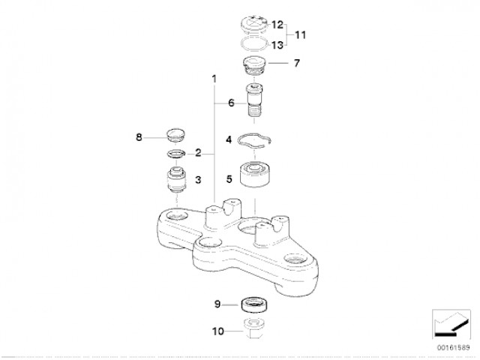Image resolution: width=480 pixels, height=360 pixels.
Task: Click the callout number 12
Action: click(277, 25)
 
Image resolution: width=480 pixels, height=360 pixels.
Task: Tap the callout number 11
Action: click(300, 35)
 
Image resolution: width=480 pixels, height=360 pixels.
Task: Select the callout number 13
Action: click(277, 45)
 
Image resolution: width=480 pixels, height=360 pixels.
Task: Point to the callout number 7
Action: click(297, 63)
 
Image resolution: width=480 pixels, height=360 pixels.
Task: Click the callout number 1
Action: click(214, 79)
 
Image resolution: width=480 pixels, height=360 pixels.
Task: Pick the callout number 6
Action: click(231, 103)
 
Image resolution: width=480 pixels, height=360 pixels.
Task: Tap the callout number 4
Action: click(229, 140)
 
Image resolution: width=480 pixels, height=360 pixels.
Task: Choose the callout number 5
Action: click(229, 178)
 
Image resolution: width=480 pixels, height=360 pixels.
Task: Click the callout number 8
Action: click(139, 137)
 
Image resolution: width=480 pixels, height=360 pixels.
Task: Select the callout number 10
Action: click(218, 331)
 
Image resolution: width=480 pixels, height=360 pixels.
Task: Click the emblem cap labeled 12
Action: click(253, 24)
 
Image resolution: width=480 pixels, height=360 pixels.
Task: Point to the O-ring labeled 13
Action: click(255, 43)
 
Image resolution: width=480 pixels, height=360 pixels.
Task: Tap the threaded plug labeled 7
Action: click(254, 67)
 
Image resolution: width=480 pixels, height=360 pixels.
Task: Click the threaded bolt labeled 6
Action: click(254, 100)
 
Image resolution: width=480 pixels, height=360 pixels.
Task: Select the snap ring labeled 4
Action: click(255, 141)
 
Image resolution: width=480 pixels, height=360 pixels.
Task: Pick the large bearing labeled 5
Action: click(255, 174)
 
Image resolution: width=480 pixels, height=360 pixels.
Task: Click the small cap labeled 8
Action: click(176, 136)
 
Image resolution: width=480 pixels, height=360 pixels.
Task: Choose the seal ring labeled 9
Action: click(254, 305)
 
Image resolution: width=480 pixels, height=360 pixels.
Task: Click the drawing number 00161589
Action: click(453, 348)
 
